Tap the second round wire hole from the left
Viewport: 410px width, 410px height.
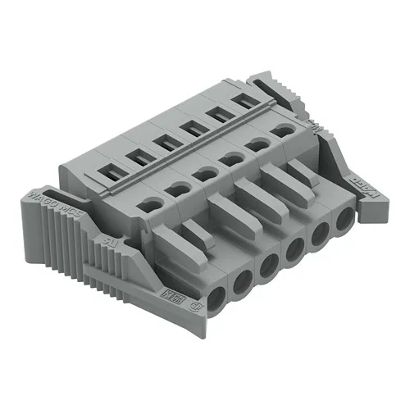pyautogui.click(x=243, y=281)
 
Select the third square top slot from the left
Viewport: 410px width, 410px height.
pyautogui.click(x=164, y=141)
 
